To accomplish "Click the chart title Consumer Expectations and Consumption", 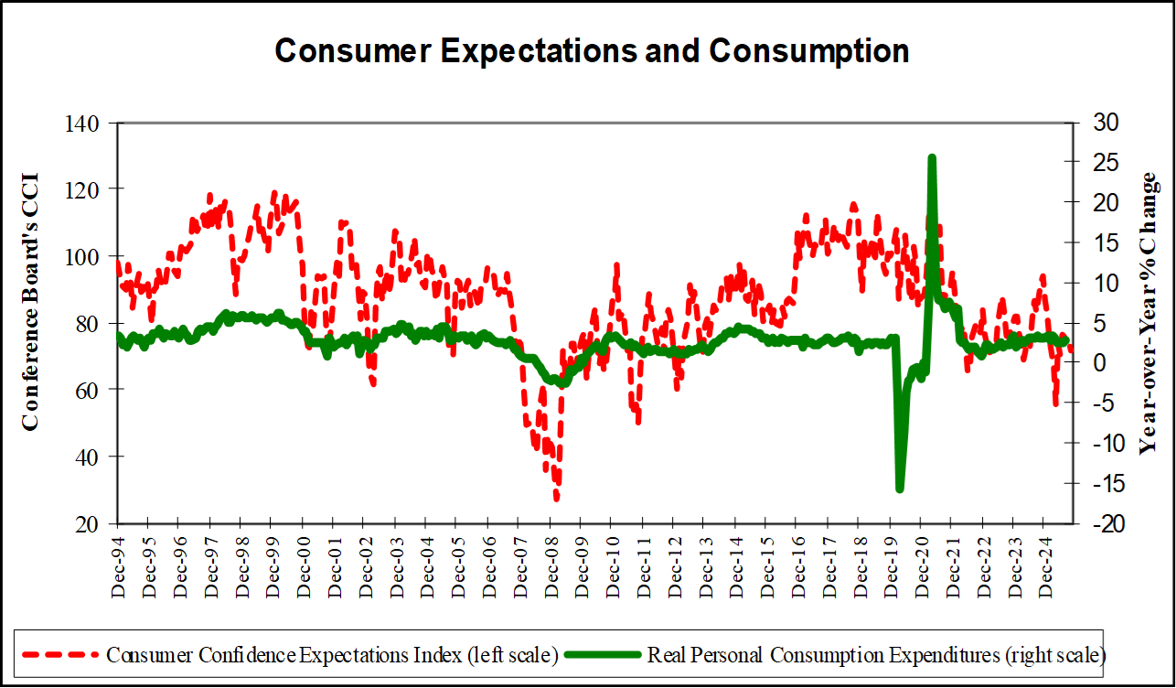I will (592, 51).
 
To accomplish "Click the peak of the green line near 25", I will (931, 158).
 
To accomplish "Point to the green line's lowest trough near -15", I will (899, 489).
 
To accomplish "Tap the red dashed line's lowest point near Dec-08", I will (556, 499).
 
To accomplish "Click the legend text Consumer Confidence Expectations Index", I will (332, 655).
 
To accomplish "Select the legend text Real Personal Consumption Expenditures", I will (877, 655).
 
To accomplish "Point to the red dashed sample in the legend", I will (60, 655).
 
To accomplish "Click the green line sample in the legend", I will (604, 655).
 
